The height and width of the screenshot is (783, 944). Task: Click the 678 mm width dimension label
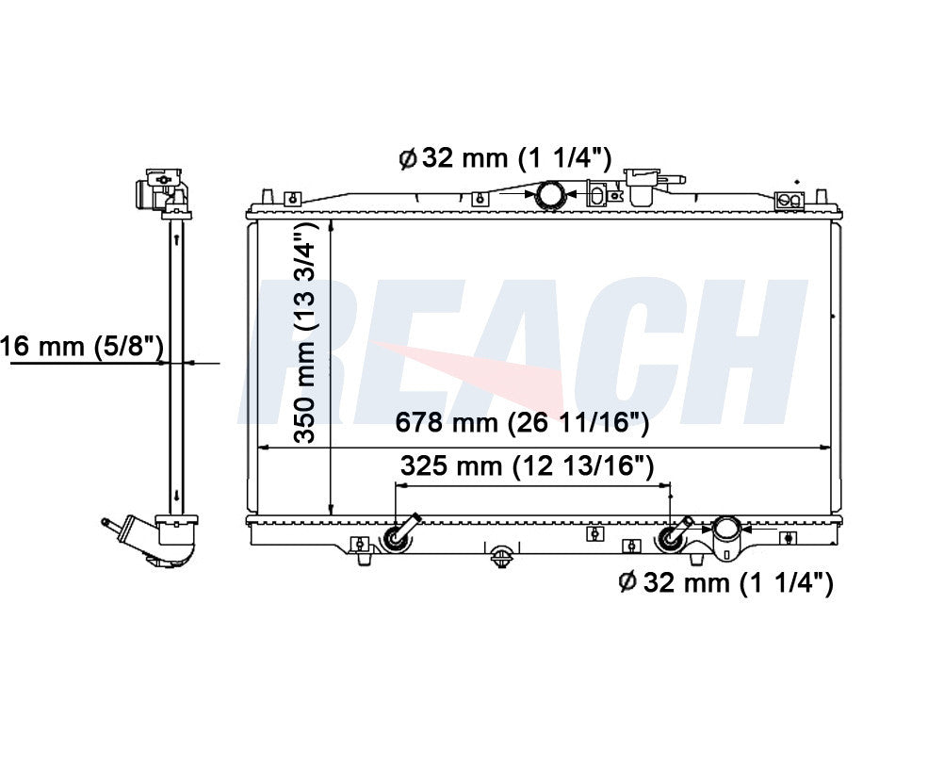pyautogui.click(x=522, y=423)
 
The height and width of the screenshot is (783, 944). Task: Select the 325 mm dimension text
pyautogui.click(x=527, y=465)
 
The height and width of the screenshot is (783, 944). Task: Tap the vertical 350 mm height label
pyautogui.click(x=305, y=332)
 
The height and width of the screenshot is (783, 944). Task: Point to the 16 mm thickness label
pyautogui.click(x=82, y=347)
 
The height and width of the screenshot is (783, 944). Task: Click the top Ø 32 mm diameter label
pyautogui.click(x=505, y=158)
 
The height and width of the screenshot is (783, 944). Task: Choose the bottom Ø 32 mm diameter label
pyautogui.click(x=726, y=582)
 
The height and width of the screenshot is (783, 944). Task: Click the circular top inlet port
pyautogui.click(x=550, y=195)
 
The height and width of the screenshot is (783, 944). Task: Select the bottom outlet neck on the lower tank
pyautogui.click(x=725, y=538)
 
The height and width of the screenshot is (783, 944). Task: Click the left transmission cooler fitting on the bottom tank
pyautogui.click(x=400, y=533)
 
